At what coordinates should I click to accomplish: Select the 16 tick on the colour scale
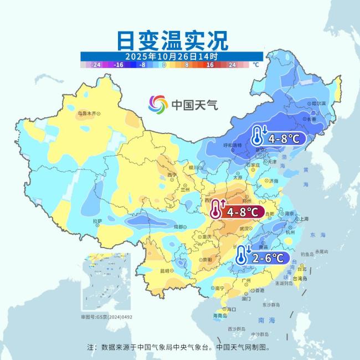pos(210,65)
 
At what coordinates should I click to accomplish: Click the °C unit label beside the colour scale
pos(256,65)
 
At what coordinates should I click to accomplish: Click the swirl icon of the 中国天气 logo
pos(158,104)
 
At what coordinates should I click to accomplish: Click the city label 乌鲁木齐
pos(86,114)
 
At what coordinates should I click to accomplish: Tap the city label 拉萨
pos(97,221)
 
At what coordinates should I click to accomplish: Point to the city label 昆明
pos(164,271)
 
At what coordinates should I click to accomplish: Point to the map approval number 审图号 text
pos(107,317)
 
